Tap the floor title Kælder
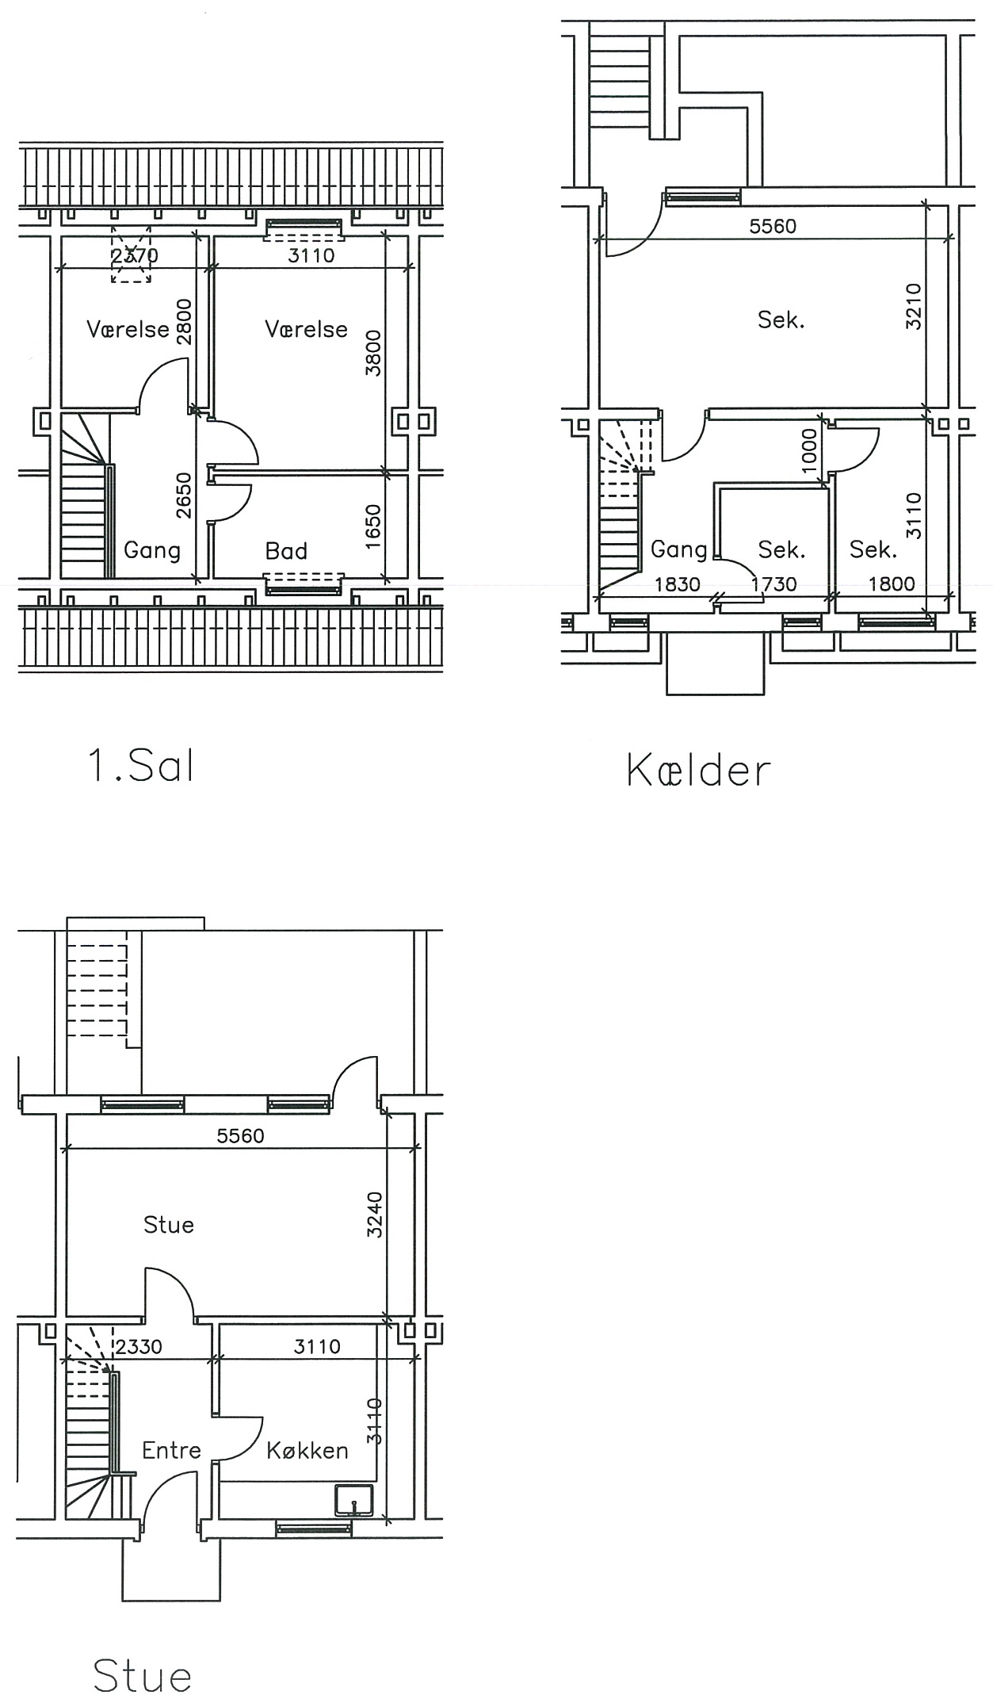(x=698, y=770)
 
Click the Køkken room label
(x=307, y=1450)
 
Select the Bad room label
(x=286, y=551)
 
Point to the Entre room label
(x=171, y=1450)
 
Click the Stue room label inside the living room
(x=169, y=1224)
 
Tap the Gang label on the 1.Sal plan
(x=152, y=550)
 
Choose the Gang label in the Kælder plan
(x=679, y=549)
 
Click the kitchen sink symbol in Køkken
(x=354, y=1500)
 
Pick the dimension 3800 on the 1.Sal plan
(x=373, y=353)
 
